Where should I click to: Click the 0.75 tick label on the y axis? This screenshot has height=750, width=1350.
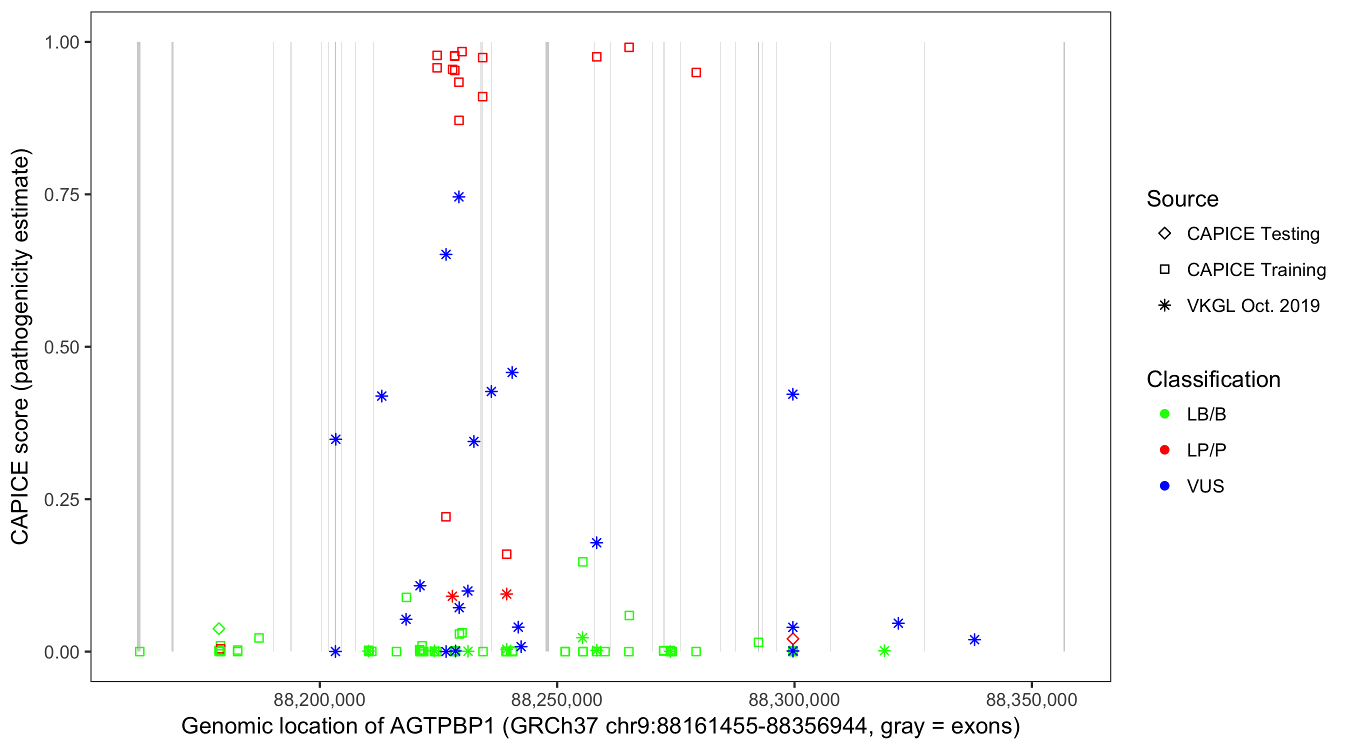(61, 195)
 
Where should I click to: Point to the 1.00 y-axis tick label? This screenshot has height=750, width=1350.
(61, 42)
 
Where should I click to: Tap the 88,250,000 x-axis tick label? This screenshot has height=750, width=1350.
(556, 699)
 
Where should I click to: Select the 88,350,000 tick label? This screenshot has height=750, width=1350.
(1031, 699)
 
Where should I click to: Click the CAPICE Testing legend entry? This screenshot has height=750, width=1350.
(1252, 234)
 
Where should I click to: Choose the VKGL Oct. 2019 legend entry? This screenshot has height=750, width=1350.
(1252, 305)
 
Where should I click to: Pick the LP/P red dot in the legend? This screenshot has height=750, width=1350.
(1165, 450)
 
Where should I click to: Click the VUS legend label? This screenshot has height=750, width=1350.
(1205, 486)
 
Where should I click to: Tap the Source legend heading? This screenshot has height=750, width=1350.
(1182, 199)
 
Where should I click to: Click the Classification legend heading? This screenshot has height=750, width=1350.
(1213, 379)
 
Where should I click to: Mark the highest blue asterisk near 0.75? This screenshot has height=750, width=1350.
(458, 197)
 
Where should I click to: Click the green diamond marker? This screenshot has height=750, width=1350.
(219, 628)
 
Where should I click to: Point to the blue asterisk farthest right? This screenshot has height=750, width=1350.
(974, 640)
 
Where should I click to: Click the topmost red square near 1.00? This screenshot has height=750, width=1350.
(629, 47)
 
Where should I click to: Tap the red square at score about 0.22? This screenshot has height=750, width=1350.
(446, 517)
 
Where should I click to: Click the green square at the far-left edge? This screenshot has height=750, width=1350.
(139, 651)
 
